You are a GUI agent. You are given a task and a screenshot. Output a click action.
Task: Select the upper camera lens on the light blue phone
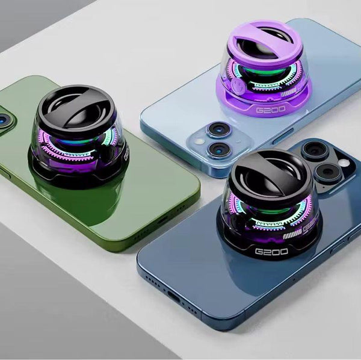(x=217, y=129)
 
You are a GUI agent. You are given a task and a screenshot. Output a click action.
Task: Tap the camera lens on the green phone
(x=4, y=120)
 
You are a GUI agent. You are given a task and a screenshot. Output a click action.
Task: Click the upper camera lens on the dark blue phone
(x=314, y=151)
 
